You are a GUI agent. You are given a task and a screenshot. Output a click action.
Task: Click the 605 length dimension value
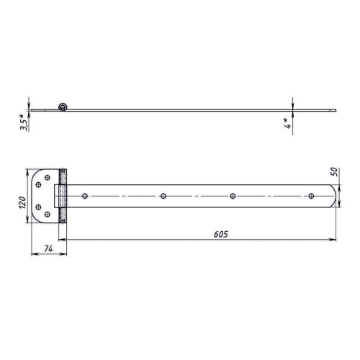(x=221, y=234)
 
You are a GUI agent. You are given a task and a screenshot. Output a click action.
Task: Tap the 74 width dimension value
(x=48, y=249)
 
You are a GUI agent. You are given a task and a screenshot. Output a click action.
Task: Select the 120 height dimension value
(x=22, y=202)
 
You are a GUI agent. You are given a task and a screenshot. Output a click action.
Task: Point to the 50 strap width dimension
(x=334, y=172)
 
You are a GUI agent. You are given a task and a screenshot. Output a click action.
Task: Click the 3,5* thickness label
(x=24, y=122)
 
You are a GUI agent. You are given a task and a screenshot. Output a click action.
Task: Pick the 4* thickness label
(x=288, y=123)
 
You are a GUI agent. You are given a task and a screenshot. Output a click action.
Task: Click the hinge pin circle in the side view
(x=63, y=107)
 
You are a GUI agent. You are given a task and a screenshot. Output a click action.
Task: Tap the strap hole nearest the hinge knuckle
(x=85, y=196)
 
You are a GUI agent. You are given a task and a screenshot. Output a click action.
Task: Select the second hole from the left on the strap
(x=163, y=196)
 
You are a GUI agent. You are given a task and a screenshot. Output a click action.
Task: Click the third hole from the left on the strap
(x=233, y=196)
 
